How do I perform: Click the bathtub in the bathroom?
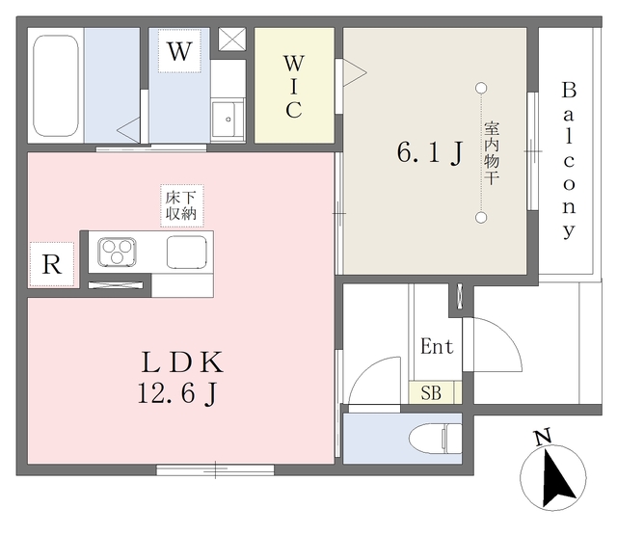click(x=56, y=86)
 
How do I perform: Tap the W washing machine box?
click(x=180, y=51)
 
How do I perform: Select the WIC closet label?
click(x=294, y=87)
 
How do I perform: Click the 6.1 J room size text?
click(x=430, y=152)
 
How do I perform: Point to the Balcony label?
click(x=569, y=160)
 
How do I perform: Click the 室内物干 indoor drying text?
click(x=492, y=153)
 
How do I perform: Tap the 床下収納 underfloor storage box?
click(x=181, y=205)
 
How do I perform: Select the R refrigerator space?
click(x=51, y=264)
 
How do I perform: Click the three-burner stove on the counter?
click(x=117, y=252)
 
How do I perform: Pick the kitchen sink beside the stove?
click(x=186, y=253)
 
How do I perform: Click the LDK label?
click(x=182, y=362)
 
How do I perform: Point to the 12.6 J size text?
click(x=177, y=393)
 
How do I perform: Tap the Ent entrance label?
click(x=437, y=346)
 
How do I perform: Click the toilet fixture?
click(x=435, y=439)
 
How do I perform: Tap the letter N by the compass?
click(x=543, y=437)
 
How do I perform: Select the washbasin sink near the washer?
click(x=228, y=120)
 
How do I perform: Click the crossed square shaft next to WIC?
click(x=232, y=39)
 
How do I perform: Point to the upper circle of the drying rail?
click(x=481, y=88)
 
